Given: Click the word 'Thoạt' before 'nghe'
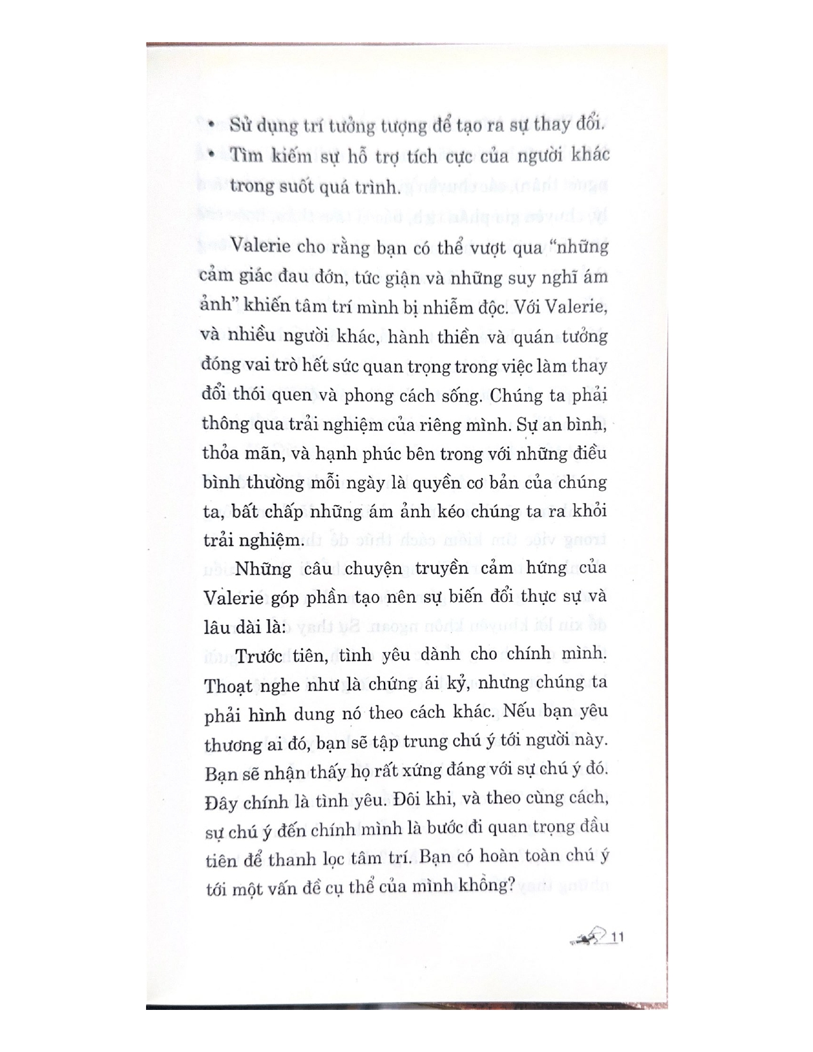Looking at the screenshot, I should (228, 685).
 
